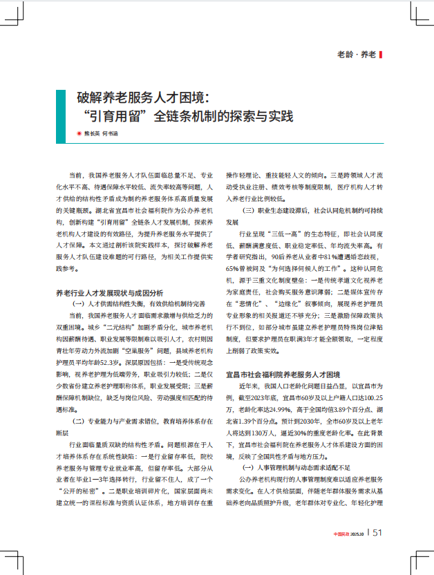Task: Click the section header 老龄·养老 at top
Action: click(x=356, y=54)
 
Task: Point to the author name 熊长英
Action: click(x=92, y=133)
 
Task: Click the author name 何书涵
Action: click(x=110, y=133)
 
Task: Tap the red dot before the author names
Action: click(x=79, y=133)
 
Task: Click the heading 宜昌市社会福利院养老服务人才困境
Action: click(x=285, y=373)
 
